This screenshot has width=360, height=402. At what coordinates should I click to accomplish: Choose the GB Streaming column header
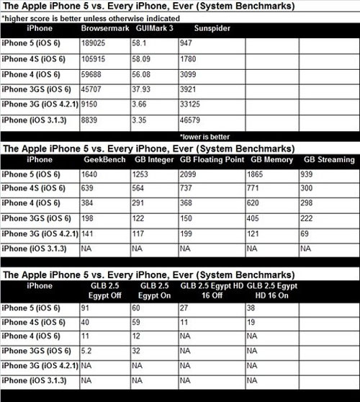coord(329,159)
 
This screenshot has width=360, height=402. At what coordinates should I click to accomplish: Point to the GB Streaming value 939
coord(310,174)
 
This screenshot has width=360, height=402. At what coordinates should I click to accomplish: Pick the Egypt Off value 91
coord(89,308)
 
